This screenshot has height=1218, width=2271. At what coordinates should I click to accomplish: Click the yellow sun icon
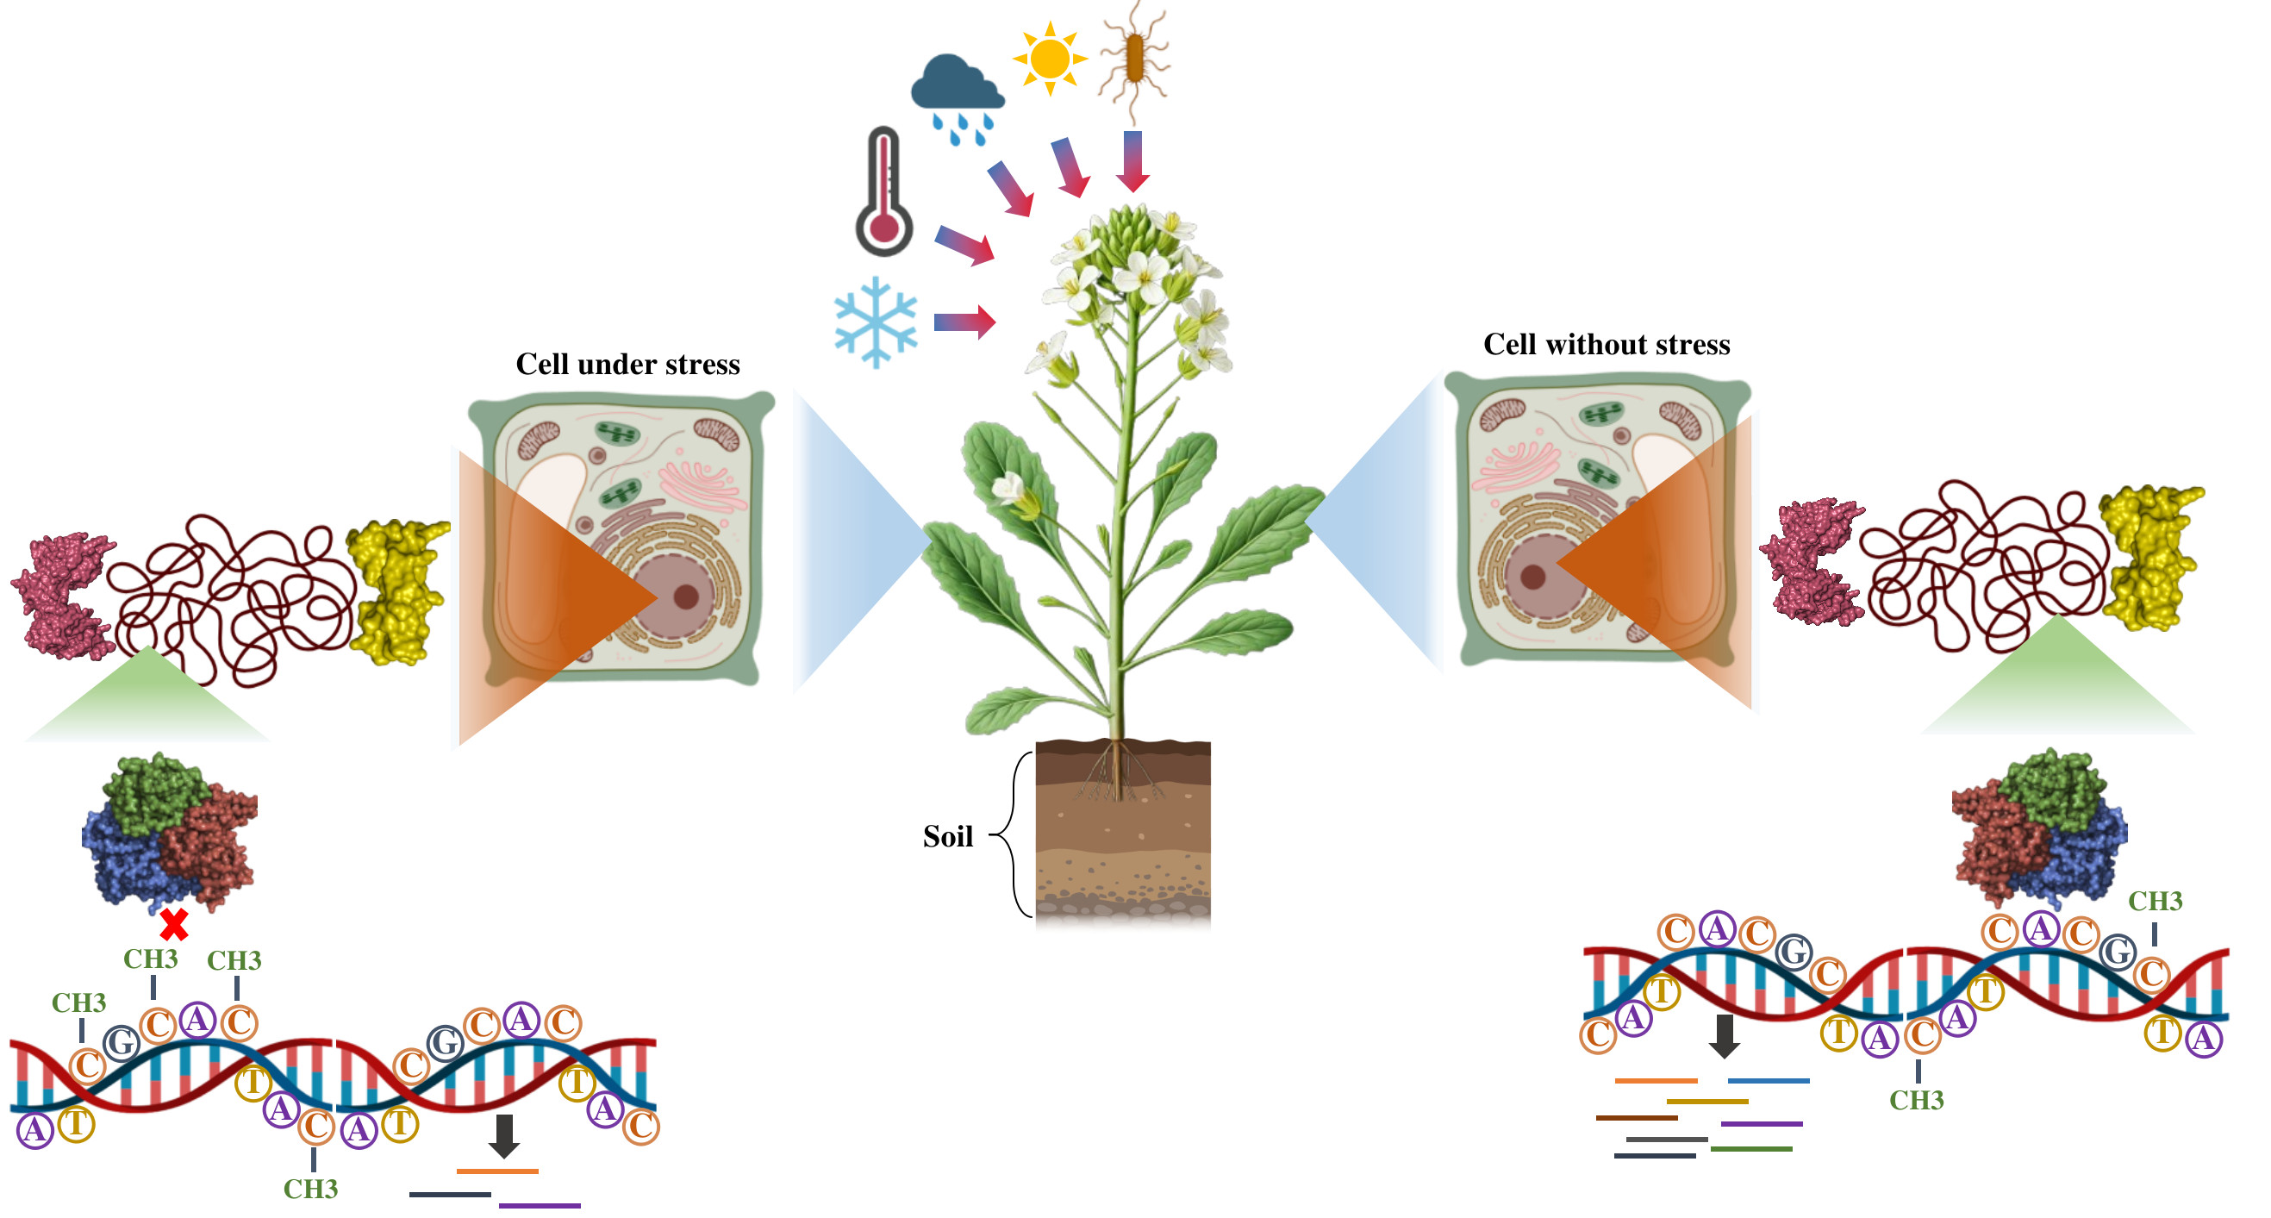tap(1049, 59)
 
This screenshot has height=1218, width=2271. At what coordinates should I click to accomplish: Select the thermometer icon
tap(883, 191)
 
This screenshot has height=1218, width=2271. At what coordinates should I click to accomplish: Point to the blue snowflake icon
tap(876, 322)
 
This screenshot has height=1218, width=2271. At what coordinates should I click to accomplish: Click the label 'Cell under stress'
tap(627, 365)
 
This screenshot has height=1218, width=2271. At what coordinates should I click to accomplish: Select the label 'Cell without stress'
tap(1607, 344)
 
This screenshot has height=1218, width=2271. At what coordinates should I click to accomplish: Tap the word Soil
tap(948, 836)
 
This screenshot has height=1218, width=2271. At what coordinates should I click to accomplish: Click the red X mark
tap(174, 925)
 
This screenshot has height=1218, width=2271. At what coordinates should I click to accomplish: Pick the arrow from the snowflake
tap(964, 322)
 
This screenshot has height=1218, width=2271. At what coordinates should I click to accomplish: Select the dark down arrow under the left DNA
tap(503, 1136)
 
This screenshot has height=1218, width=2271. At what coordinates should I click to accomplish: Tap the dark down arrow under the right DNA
tap(1725, 1035)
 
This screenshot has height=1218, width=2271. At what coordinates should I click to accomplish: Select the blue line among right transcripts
tap(1768, 1080)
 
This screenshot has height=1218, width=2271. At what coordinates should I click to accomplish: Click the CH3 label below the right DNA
tap(1917, 1100)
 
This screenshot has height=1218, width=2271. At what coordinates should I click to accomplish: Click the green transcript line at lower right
tap(1750, 1149)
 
